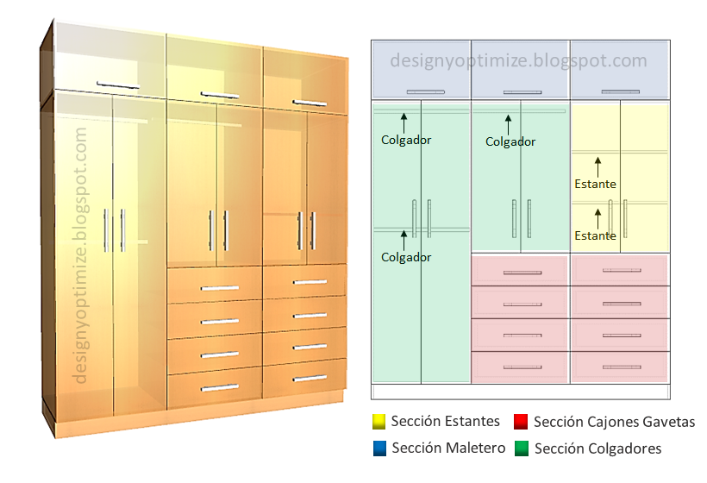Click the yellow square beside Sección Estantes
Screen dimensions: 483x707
tap(378, 422)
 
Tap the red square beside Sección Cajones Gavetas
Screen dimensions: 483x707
tap(521, 422)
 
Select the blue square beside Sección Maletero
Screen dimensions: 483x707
tap(378, 448)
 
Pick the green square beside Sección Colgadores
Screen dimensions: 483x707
tap(521, 448)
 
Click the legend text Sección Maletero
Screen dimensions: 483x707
tap(436, 448)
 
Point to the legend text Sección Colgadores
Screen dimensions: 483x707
tap(598, 448)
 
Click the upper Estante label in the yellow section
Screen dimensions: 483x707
tap(595, 184)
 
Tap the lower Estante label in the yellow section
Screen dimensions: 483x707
tap(595, 235)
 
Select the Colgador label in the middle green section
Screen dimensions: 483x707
tap(510, 142)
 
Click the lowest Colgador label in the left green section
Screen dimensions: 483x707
tap(406, 257)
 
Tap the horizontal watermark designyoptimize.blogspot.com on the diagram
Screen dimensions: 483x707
tap(518, 60)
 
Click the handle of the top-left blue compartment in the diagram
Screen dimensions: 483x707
tap(421, 91)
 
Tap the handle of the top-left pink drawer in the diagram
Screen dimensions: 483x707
tap(522, 272)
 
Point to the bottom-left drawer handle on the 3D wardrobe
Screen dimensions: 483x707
tap(219, 387)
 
